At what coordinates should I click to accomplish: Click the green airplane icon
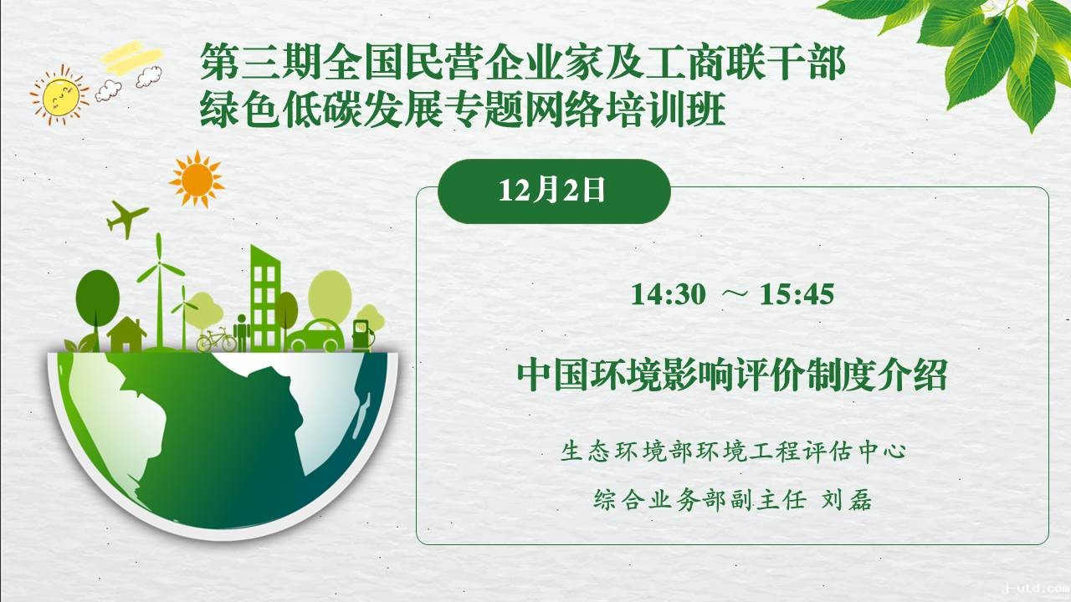126,219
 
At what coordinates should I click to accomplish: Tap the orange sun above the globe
197,179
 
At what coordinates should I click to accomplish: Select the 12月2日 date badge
554,191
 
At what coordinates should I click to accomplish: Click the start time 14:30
668,293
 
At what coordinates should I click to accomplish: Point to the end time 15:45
797,293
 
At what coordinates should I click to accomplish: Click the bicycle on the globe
217,339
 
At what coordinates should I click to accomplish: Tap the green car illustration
315,336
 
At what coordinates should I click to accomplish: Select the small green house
126,334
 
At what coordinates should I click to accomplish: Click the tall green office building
264,298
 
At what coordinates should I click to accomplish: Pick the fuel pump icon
363,336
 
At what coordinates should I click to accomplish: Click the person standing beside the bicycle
242,333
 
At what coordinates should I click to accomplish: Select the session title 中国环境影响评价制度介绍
732,375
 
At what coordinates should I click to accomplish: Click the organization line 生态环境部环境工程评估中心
733,451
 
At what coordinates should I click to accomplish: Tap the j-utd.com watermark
1036,589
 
